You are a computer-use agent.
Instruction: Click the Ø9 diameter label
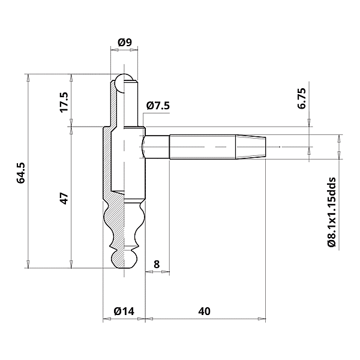[125, 42]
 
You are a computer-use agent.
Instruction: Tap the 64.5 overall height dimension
[21, 172]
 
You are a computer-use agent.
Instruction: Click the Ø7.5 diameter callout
[158, 106]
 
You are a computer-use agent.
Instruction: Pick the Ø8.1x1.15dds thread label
[331, 212]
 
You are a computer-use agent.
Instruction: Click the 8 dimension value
[157, 263]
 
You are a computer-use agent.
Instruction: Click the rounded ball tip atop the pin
[125, 83]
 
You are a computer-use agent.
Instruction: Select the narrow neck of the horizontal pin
[157, 146]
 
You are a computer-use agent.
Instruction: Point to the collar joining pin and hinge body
[135, 196]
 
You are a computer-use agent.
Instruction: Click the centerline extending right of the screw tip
[294, 146]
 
